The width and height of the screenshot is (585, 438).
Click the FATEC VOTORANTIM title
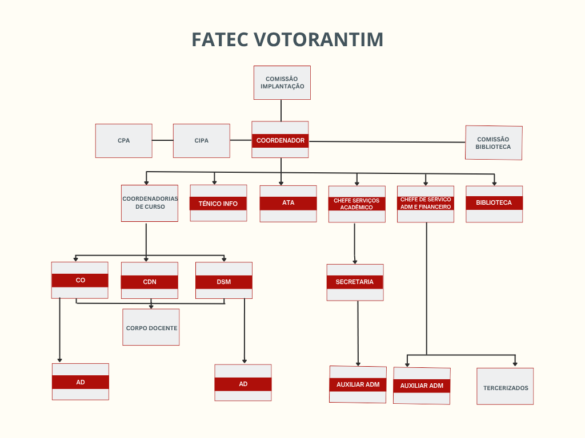[x=287, y=40]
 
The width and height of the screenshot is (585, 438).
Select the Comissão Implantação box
[x=282, y=83]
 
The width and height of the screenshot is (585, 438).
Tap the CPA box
[x=123, y=140]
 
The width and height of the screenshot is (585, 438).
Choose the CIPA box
[x=201, y=140]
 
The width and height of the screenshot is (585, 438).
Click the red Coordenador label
[x=280, y=140]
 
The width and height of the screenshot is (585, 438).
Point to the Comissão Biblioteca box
[x=494, y=143]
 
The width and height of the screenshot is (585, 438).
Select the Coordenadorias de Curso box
[x=150, y=203]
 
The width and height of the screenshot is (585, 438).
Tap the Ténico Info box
[x=218, y=203]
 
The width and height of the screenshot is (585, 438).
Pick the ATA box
[x=288, y=203]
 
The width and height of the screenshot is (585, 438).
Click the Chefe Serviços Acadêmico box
[x=356, y=204]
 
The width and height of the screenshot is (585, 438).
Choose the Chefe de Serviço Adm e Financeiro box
[x=426, y=204]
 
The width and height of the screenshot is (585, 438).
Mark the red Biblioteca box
[x=494, y=203]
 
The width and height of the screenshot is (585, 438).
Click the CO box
[x=80, y=280]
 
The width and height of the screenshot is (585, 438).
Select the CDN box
[x=150, y=282]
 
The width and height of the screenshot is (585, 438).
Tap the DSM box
[x=223, y=282]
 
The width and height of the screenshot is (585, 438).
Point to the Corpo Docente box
[x=151, y=327]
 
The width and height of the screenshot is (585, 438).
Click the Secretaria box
[x=355, y=282]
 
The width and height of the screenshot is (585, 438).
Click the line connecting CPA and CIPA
[x=163, y=140]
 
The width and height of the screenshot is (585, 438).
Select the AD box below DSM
[x=243, y=384]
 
